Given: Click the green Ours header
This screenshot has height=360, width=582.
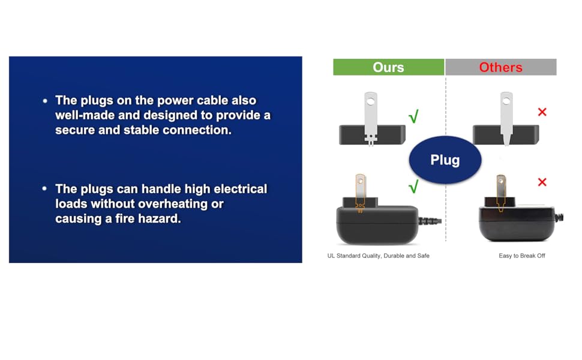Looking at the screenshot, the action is [388, 67].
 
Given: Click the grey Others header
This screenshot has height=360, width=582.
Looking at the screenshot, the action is [501, 67].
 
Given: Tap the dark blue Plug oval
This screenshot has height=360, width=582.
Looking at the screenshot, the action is [445, 160].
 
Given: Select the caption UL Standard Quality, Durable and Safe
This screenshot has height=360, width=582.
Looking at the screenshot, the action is [378, 256].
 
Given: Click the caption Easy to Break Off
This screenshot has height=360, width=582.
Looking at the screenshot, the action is [522, 256].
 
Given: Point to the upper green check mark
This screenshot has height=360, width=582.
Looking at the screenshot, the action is [413, 116].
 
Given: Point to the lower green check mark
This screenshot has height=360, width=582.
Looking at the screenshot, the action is [413, 186].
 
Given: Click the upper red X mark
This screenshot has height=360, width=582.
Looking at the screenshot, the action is [542, 112].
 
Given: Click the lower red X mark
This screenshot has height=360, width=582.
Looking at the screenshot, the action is [542, 182].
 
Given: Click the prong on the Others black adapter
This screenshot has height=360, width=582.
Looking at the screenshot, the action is [501, 191].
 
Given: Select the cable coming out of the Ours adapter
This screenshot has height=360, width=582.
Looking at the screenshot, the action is [430, 221].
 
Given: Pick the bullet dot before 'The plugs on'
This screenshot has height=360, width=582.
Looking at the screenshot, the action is [45, 101].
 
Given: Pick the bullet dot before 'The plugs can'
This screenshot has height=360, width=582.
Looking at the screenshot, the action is [44, 189].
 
